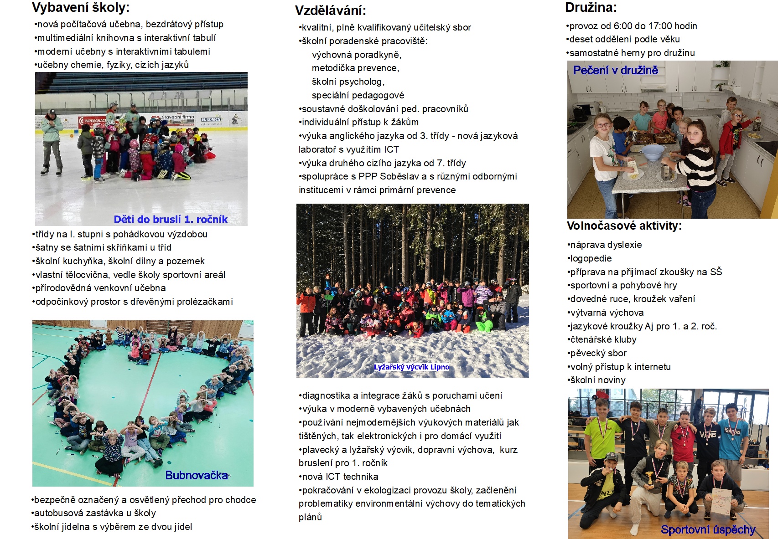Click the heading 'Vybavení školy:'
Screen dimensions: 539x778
[81, 7]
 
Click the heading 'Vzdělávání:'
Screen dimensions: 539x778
[330, 10]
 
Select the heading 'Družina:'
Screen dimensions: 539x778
[591, 7]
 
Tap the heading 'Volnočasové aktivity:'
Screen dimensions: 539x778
[624, 226]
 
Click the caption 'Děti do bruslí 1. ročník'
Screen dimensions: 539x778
[171, 219]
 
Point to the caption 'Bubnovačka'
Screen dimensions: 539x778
[196, 475]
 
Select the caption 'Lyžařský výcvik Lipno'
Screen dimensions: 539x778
[411, 367]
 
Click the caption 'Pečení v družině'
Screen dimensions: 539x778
[615, 70]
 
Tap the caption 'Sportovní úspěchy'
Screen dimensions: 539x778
[708, 529]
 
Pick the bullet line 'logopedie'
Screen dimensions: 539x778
[591, 258]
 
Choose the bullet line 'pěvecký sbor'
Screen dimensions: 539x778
[598, 353]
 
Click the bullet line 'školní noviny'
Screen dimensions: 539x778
[598, 380]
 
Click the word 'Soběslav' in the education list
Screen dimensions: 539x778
[399, 176]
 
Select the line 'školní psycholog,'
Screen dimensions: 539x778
[348, 82]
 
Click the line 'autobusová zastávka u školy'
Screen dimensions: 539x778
[95, 513]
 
